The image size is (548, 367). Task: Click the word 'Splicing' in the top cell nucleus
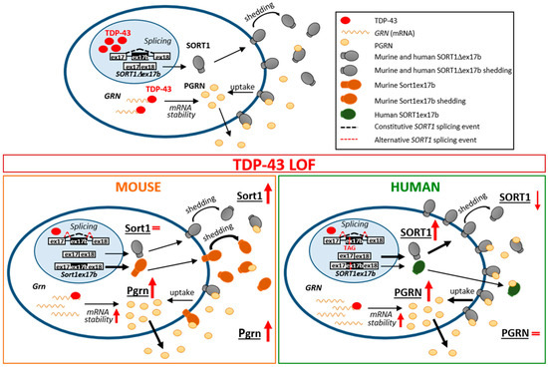tap(129, 33)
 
